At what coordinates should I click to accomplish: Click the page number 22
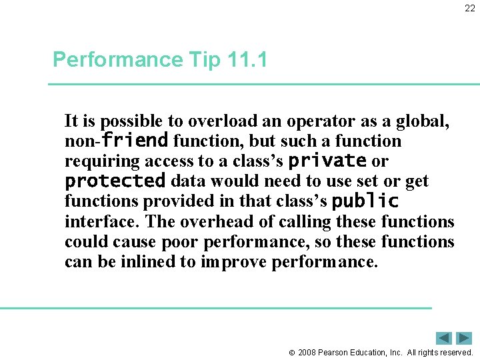470,9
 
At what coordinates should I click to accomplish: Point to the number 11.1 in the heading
247,60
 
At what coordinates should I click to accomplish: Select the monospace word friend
135,141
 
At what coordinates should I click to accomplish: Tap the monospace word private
327,161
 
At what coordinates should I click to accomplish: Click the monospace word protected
115,181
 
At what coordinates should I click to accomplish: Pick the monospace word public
365,201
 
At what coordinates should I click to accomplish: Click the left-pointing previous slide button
444,338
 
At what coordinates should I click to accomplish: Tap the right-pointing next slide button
464,338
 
